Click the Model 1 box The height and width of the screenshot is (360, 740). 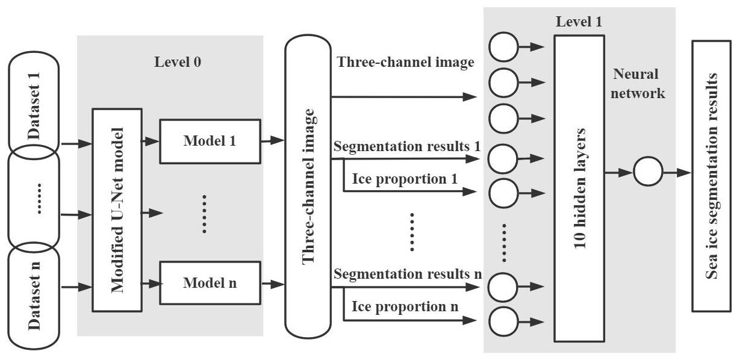pos(210,141)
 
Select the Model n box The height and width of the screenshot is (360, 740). pos(210,282)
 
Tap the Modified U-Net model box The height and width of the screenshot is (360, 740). pos(117,209)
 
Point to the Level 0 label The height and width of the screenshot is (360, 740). pos(178,62)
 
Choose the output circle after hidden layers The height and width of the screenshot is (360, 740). pos(647,173)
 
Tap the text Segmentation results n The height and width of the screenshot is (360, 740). pos(407,274)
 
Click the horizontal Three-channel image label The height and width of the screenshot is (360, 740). pos(405,62)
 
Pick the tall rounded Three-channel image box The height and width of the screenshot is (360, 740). pos(308,187)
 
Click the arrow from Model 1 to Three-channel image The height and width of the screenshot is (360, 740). pos(273,140)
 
